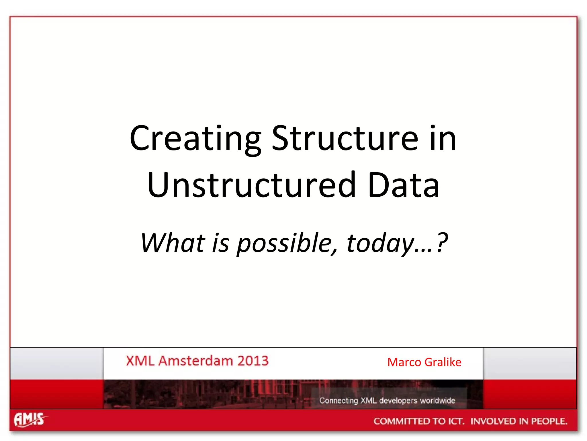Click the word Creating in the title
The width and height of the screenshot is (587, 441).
[195, 139]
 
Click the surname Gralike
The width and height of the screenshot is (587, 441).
[443, 362]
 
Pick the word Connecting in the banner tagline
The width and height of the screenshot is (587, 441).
[338, 401]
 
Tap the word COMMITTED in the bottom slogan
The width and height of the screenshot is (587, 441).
[401, 421]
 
